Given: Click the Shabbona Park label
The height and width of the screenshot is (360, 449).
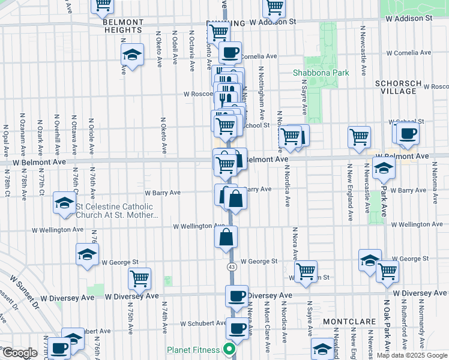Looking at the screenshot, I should click(x=321, y=73).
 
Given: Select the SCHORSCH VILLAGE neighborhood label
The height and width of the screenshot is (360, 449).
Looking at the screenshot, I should click(x=395, y=87).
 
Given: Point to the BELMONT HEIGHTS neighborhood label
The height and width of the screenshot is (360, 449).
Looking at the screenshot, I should click(x=122, y=25).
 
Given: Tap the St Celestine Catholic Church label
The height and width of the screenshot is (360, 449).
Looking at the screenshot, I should click(x=114, y=211).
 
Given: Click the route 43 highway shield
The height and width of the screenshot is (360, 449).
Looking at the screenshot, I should click(x=231, y=266).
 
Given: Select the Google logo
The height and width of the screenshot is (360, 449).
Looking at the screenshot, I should click(x=19, y=352).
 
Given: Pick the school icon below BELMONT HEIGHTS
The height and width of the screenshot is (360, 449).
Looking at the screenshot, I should click(x=132, y=55).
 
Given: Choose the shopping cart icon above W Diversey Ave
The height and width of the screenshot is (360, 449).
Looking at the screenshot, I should click(x=139, y=278).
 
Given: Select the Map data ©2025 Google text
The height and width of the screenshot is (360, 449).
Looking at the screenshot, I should click(x=411, y=355).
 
